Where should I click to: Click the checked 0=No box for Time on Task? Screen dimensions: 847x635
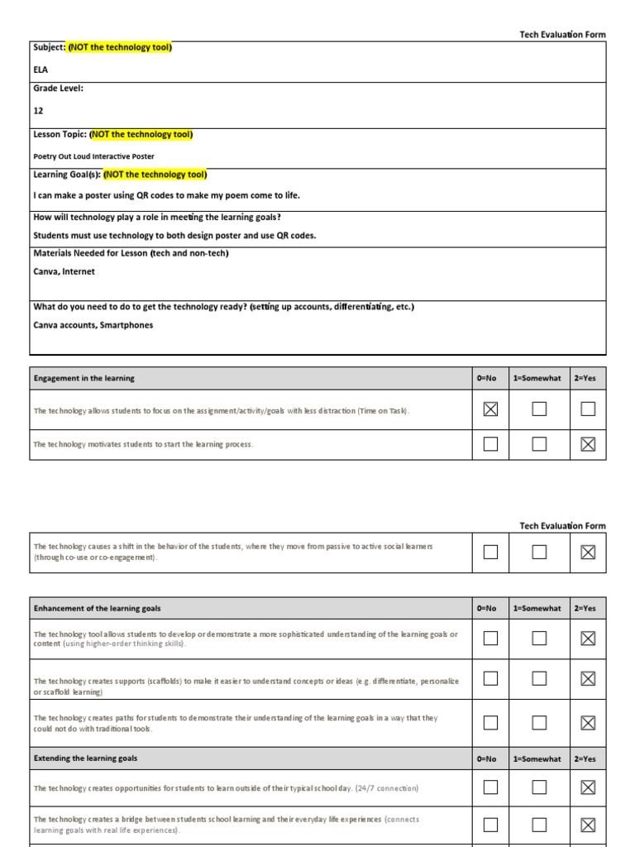click(490, 409)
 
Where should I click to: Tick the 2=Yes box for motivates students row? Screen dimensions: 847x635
click(588, 444)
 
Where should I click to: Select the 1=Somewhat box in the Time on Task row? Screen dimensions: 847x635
click(539, 409)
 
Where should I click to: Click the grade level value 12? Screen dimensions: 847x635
click(39, 110)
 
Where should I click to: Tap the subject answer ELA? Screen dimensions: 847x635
click(41, 70)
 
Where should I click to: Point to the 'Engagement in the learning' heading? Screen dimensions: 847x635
click(84, 378)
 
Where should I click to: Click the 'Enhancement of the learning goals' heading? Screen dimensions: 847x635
click(97, 608)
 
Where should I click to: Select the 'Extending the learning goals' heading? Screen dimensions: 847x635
click(85, 758)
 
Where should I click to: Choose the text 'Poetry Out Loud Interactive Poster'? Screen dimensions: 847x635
click(93, 156)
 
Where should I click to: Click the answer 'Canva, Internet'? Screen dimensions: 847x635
click(64, 271)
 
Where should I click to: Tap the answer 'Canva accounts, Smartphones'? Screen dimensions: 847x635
click(93, 325)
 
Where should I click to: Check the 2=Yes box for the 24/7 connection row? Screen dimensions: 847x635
click(588, 788)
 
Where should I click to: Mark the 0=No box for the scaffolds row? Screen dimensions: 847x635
click(490, 679)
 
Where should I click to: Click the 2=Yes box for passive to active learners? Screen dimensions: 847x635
click(588, 553)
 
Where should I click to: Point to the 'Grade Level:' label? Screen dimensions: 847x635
click(58, 88)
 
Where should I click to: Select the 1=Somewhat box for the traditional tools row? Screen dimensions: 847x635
click(539, 723)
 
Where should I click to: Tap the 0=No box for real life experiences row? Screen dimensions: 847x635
click(490, 825)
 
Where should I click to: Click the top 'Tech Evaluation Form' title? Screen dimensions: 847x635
click(562, 35)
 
